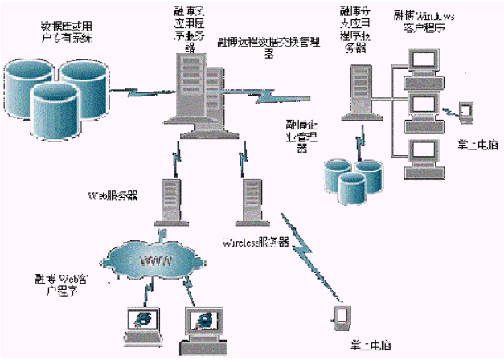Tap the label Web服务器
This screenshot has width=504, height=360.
(121, 194)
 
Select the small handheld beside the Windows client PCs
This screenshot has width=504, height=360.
(464, 111)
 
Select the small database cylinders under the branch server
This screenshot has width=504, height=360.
(354, 178)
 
